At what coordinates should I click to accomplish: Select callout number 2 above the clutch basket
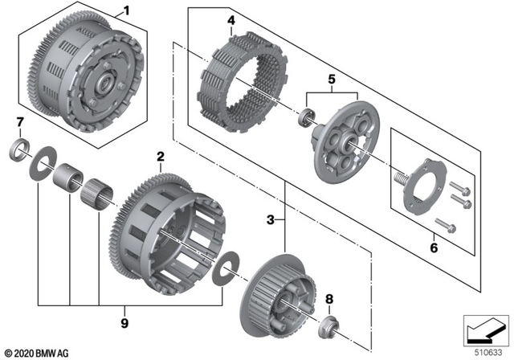(161, 155)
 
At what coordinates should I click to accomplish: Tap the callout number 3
(272, 219)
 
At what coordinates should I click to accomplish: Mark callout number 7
(20, 121)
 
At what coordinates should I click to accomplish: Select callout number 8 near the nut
(328, 300)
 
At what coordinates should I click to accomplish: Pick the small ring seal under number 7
(19, 149)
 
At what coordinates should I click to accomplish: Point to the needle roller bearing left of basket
(98, 193)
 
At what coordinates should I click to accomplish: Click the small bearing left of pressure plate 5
(306, 118)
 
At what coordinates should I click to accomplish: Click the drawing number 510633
(485, 351)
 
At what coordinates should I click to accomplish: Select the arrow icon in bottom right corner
(483, 329)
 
